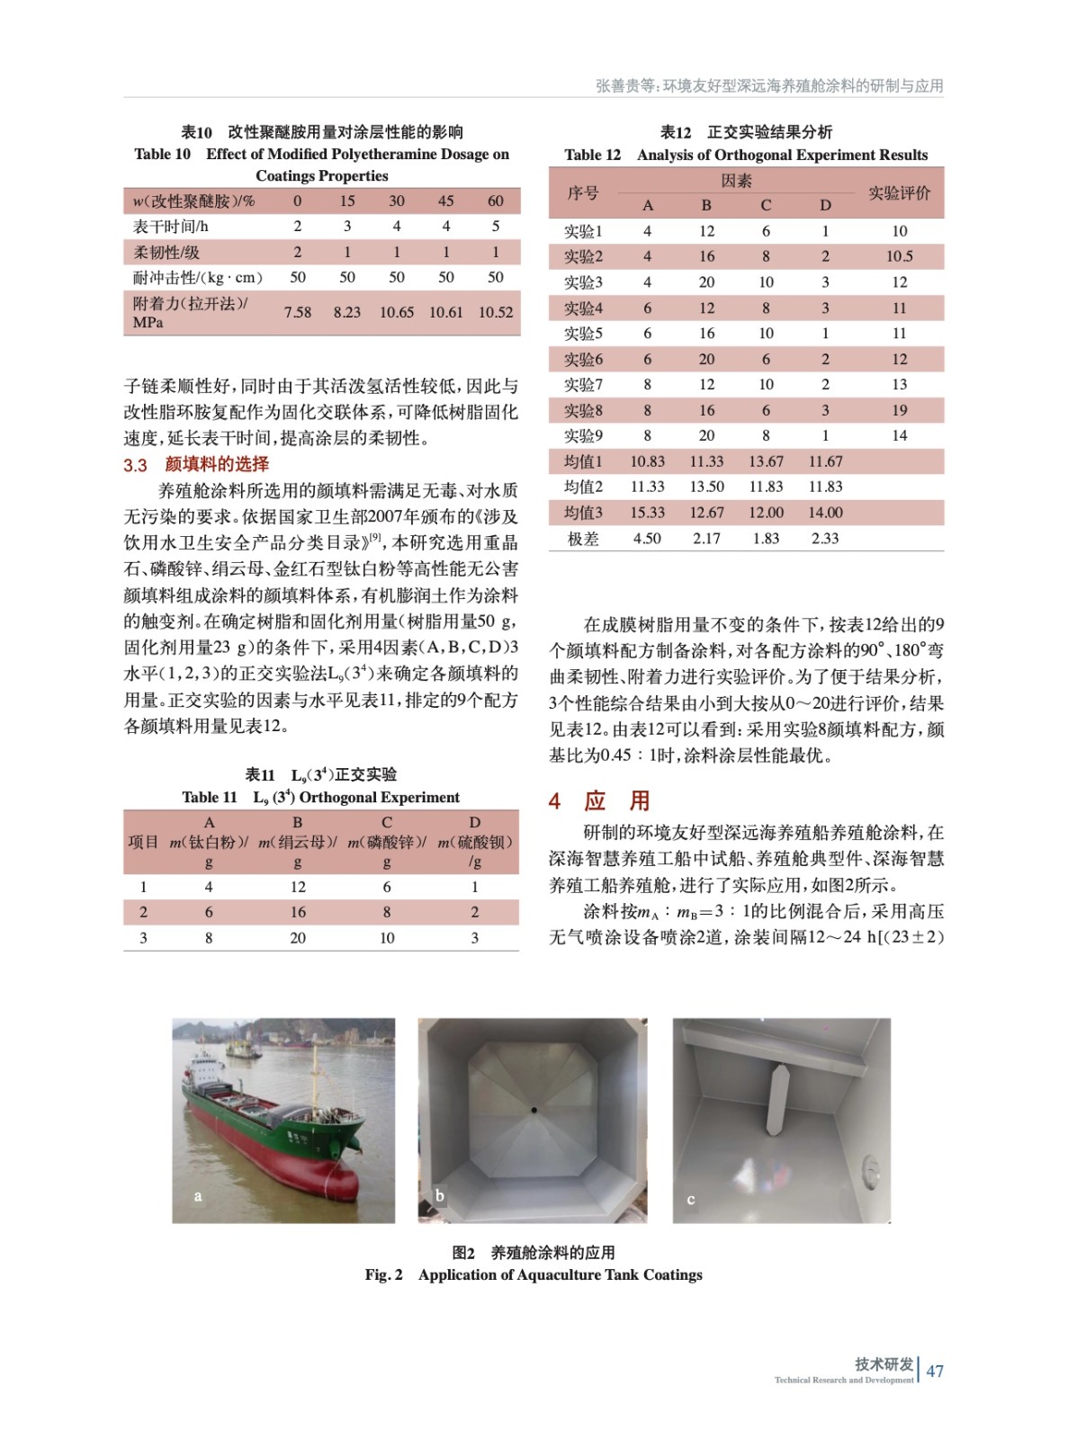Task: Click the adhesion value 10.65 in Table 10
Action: [396, 312]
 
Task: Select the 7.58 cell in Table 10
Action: [297, 312]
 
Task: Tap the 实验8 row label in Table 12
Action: [583, 410]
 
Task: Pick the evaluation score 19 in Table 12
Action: [899, 410]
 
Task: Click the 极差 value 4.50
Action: [647, 538]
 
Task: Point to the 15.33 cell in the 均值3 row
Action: [647, 513]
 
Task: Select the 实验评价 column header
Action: [899, 192]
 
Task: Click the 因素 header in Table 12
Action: [736, 181]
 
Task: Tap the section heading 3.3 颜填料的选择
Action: [196, 464]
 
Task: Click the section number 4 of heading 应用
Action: [555, 800]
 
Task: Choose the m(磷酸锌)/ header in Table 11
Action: [386, 842]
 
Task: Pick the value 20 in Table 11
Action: [298, 937]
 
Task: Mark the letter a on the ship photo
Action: [198, 1196]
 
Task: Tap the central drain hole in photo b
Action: [534, 1110]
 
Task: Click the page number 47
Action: [935, 1371]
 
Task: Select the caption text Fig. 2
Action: [383, 1274]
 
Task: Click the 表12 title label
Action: [676, 132]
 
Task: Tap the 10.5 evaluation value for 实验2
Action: [899, 256]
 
